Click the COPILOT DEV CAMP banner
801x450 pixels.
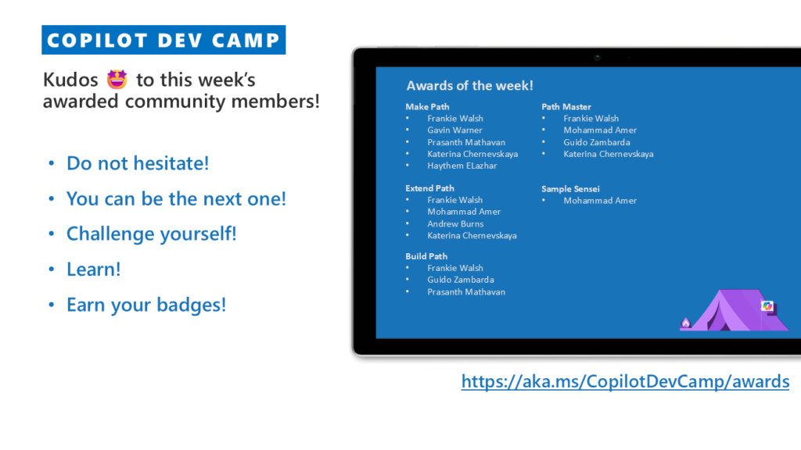click(x=163, y=40)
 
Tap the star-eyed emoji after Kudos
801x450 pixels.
click(x=117, y=80)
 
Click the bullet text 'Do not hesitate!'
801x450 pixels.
click(x=138, y=163)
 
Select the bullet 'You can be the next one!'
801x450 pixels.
click(x=176, y=198)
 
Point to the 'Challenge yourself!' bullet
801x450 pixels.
click(x=152, y=234)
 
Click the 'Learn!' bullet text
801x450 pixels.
click(x=94, y=269)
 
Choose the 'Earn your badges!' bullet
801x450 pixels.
click(x=146, y=305)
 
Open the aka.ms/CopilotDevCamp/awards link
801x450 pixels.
click(x=625, y=381)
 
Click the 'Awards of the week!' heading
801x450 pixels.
click(x=469, y=85)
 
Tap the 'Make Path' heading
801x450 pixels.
click(x=427, y=106)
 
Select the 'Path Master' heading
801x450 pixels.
click(x=566, y=106)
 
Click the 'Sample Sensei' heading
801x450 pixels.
click(x=570, y=189)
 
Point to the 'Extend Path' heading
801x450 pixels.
click(x=429, y=188)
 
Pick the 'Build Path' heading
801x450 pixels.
click(x=426, y=256)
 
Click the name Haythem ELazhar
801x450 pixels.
click(x=462, y=166)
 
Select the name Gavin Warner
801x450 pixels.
click(x=454, y=130)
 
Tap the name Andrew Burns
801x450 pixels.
click(x=455, y=223)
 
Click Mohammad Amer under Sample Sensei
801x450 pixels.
click(x=600, y=201)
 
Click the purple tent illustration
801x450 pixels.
click(x=734, y=310)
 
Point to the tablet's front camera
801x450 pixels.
click(x=597, y=58)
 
